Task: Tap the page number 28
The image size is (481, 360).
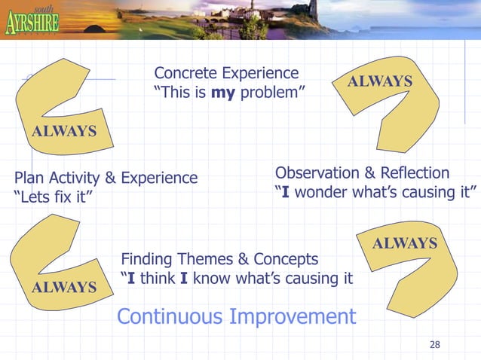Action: [x=434, y=345]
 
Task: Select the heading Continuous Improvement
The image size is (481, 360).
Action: [x=236, y=316]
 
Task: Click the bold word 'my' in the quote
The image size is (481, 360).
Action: [x=224, y=93]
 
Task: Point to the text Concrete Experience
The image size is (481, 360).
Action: [x=226, y=73]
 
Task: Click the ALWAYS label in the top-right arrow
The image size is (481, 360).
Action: [x=379, y=81]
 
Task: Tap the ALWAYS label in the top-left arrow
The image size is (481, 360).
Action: [x=63, y=131]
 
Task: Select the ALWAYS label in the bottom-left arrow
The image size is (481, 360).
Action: [x=63, y=287]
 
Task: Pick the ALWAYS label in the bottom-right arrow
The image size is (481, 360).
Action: [x=405, y=243]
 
